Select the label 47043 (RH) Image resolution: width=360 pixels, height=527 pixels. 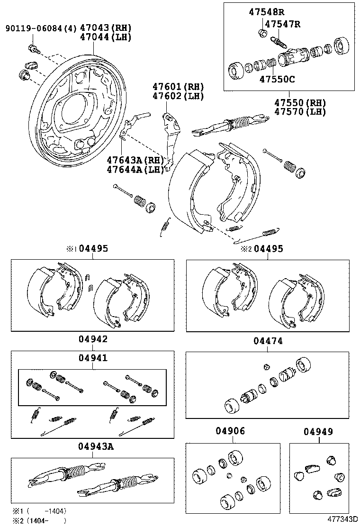[x=106, y=28]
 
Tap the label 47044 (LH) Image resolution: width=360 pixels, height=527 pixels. [x=106, y=37]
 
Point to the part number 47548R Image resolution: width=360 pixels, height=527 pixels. [x=267, y=12]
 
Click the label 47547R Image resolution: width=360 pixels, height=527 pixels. [x=283, y=24]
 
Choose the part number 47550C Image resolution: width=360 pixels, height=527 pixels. [x=277, y=79]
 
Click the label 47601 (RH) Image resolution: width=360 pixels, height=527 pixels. [x=178, y=87]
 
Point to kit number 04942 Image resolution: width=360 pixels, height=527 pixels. [x=93, y=339]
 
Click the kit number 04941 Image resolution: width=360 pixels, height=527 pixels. [x=93, y=358]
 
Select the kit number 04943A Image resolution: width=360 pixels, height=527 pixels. [x=96, y=446]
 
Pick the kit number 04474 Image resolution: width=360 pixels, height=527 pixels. [x=268, y=341]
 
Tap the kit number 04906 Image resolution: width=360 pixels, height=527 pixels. [x=231, y=431]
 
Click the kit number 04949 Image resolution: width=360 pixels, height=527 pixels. [x=318, y=432]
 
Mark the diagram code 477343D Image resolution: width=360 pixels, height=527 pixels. [x=342, y=520]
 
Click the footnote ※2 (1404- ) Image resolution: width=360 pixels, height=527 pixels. [x=39, y=521]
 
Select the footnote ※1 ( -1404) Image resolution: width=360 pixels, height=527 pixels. [x=39, y=511]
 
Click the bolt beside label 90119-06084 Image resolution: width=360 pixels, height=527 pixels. [x=34, y=47]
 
